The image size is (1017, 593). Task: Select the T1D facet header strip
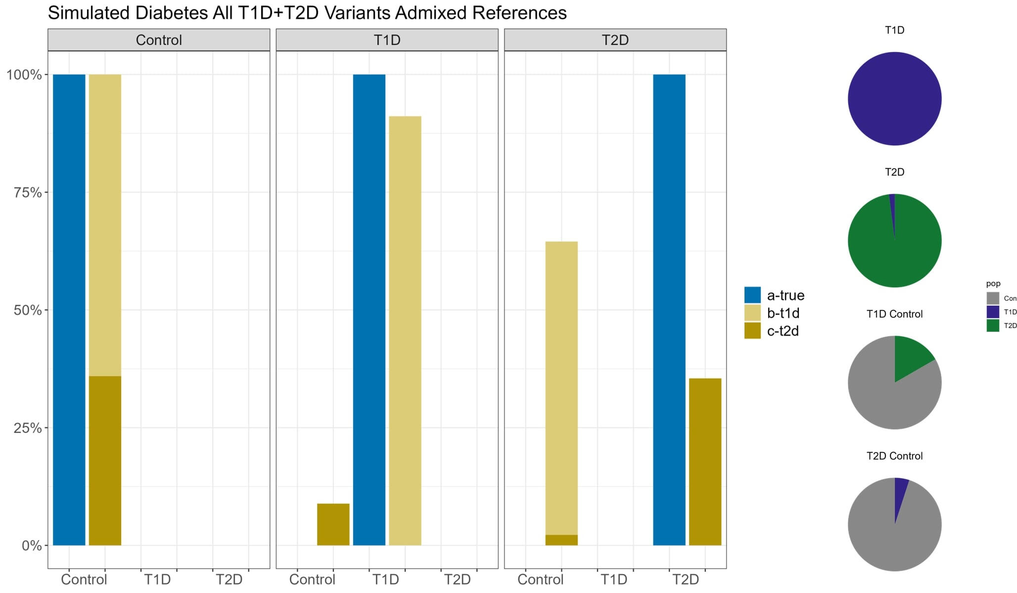(387, 40)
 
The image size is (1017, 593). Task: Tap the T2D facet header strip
(615, 40)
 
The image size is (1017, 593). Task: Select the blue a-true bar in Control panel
(69, 310)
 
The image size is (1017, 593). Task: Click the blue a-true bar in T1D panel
(369, 310)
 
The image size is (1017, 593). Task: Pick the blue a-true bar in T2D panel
(669, 310)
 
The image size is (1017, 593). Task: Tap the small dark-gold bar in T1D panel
(333, 524)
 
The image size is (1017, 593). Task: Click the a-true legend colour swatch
(752, 295)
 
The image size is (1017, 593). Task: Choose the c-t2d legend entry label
(783, 331)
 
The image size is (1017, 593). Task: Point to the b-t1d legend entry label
(783, 313)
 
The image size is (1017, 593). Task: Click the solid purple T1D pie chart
(894, 99)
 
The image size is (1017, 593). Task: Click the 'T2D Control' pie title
(894, 456)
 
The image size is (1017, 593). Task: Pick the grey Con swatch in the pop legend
(993, 298)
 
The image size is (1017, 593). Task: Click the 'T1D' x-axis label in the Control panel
(157, 579)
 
